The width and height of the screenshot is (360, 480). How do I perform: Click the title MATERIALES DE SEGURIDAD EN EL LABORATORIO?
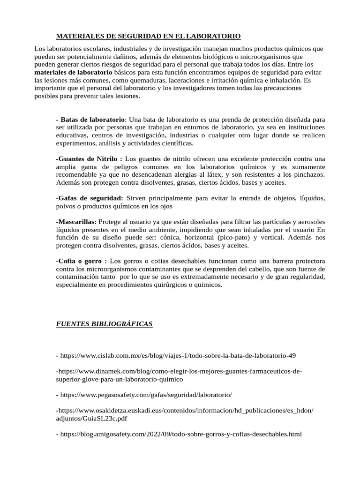tap(148, 36)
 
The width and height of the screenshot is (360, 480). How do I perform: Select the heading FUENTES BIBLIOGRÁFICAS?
tap(104, 324)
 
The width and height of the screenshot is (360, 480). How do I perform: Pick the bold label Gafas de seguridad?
tap(90, 198)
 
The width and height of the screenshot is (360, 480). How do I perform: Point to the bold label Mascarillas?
tap(77, 221)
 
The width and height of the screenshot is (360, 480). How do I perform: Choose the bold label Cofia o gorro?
tap(82, 261)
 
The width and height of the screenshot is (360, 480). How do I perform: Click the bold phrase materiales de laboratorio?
tap(73, 73)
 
